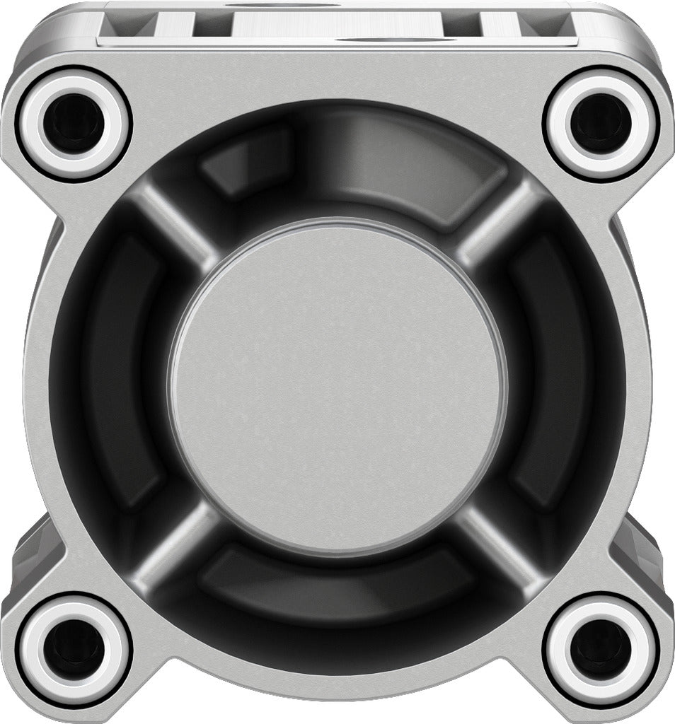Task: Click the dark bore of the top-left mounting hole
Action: pyautogui.click(x=74, y=124)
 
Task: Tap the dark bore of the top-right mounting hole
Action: pyautogui.click(x=601, y=124)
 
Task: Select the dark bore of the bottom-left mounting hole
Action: pyautogui.click(x=74, y=649)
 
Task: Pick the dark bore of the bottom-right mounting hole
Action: pyautogui.click(x=601, y=649)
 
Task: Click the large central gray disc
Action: pyautogui.click(x=337, y=386)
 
